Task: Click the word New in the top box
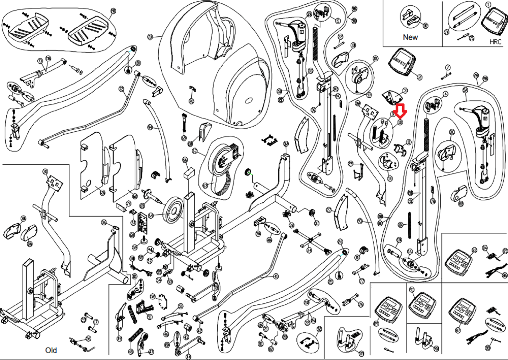tap(410, 37)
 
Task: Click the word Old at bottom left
tap(51, 350)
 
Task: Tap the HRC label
tap(496, 42)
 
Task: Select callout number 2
tap(420, 77)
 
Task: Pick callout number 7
tap(448, 67)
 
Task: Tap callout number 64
tap(151, 215)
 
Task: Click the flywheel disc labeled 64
tap(174, 210)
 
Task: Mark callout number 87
tap(458, 331)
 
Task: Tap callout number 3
tap(405, 90)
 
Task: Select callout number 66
tap(185, 159)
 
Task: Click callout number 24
tap(309, 250)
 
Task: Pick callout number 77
tap(362, 281)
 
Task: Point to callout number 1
tap(488, 5)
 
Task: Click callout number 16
tap(409, 251)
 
